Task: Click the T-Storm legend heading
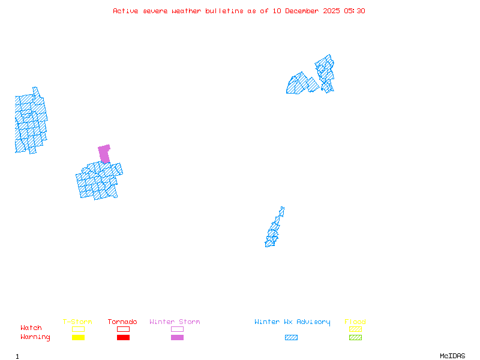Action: (x=77, y=322)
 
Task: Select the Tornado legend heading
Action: (x=122, y=322)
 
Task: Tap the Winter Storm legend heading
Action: (x=175, y=322)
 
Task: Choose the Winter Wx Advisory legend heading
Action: (x=292, y=322)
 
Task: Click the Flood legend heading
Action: (x=355, y=322)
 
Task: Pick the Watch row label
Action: (x=31, y=328)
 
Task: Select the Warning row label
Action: (x=35, y=337)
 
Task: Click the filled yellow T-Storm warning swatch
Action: (x=78, y=338)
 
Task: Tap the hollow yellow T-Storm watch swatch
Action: (x=78, y=329)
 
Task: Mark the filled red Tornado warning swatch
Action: (x=123, y=338)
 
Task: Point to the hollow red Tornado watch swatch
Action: (x=123, y=329)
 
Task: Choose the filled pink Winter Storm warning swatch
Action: (x=177, y=338)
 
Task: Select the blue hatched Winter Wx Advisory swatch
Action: (x=291, y=338)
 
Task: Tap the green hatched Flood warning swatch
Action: (x=355, y=338)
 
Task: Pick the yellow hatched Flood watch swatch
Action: (x=355, y=329)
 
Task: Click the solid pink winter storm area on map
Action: (x=104, y=153)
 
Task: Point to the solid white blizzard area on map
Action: (x=284, y=216)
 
